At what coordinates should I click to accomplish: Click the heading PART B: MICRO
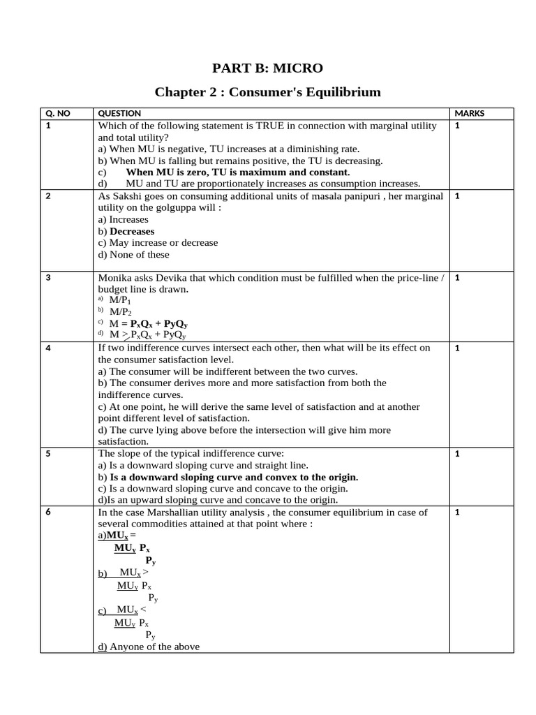(x=268, y=68)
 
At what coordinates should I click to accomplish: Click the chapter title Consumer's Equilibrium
(x=268, y=91)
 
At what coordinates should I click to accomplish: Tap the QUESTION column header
(x=119, y=113)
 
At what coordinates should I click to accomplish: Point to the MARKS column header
(x=469, y=113)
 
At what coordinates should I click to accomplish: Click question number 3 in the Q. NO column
(x=48, y=278)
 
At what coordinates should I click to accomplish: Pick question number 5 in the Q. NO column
(x=48, y=454)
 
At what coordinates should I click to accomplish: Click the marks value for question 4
(x=457, y=348)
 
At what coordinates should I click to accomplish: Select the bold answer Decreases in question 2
(x=132, y=231)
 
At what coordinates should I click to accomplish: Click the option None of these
(x=134, y=255)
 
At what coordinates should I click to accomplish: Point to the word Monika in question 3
(x=114, y=278)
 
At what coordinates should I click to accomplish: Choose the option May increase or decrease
(x=158, y=243)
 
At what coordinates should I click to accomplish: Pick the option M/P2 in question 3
(x=120, y=312)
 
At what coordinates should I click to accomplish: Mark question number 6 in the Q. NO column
(x=48, y=513)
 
